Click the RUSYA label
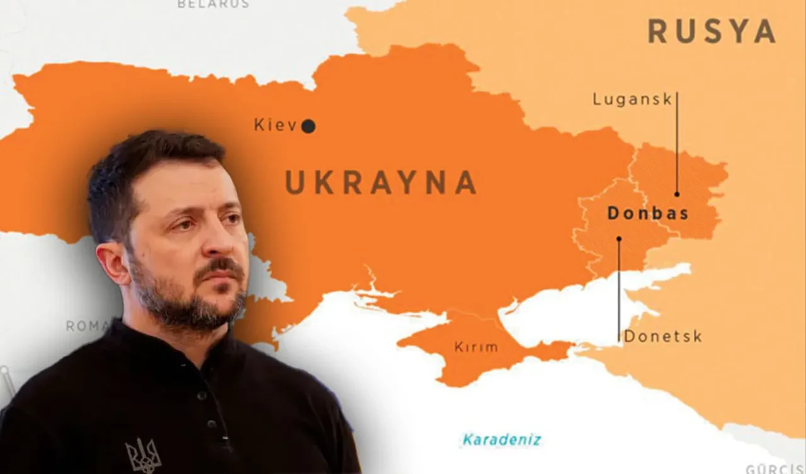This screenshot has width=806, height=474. coord(711,31)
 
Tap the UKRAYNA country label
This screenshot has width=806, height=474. coord(380,182)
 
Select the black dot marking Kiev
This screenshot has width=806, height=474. coord(308,127)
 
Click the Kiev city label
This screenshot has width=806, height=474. coord(275,125)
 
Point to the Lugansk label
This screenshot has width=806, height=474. coord(632,100)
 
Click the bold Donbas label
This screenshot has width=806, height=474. coord(647,213)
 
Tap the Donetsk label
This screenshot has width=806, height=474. coord(663,337)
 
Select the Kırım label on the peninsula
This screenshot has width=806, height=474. coord(476,347)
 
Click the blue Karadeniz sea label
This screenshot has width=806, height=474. coord(501,439)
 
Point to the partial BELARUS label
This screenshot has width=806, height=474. coord(213,4)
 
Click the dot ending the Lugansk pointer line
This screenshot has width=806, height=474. coord(677,194)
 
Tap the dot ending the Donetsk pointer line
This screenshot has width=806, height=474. coord(618,239)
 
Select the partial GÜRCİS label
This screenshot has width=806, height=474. coord(775,469)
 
